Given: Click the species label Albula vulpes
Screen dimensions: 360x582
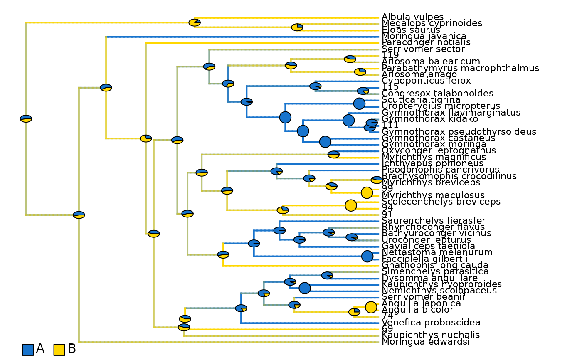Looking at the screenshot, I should click(407, 17).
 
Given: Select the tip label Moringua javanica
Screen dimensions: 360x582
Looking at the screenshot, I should click(424, 36).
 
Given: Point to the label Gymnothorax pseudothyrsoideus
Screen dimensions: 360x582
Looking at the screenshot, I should click(459, 132).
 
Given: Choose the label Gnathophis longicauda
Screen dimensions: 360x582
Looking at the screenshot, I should click(435, 265).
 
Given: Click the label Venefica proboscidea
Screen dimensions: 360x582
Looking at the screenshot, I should click(431, 323).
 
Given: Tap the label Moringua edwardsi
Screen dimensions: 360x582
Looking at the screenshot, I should click(425, 342).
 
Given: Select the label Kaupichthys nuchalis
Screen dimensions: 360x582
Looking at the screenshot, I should click(431, 335).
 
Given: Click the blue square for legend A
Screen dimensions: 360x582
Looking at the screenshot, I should click(28, 350).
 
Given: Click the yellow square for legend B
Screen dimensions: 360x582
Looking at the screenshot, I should click(59, 350).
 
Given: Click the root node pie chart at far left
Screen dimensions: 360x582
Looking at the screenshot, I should click(26, 119).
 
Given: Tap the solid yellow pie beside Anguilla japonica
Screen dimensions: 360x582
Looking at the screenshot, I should click(371, 307).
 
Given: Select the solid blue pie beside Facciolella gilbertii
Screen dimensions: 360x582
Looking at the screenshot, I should click(367, 256).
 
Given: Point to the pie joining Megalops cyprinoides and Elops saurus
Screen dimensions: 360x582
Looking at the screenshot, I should click(297, 27).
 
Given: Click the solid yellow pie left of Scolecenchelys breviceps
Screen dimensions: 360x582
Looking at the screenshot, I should click(351, 205).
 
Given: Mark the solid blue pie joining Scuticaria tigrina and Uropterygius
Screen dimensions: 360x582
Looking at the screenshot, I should click(359, 104).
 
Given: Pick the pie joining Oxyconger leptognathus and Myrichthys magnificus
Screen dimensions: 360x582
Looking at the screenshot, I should click(333, 154).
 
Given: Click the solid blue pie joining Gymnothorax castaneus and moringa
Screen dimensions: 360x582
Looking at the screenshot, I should click(325, 142).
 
